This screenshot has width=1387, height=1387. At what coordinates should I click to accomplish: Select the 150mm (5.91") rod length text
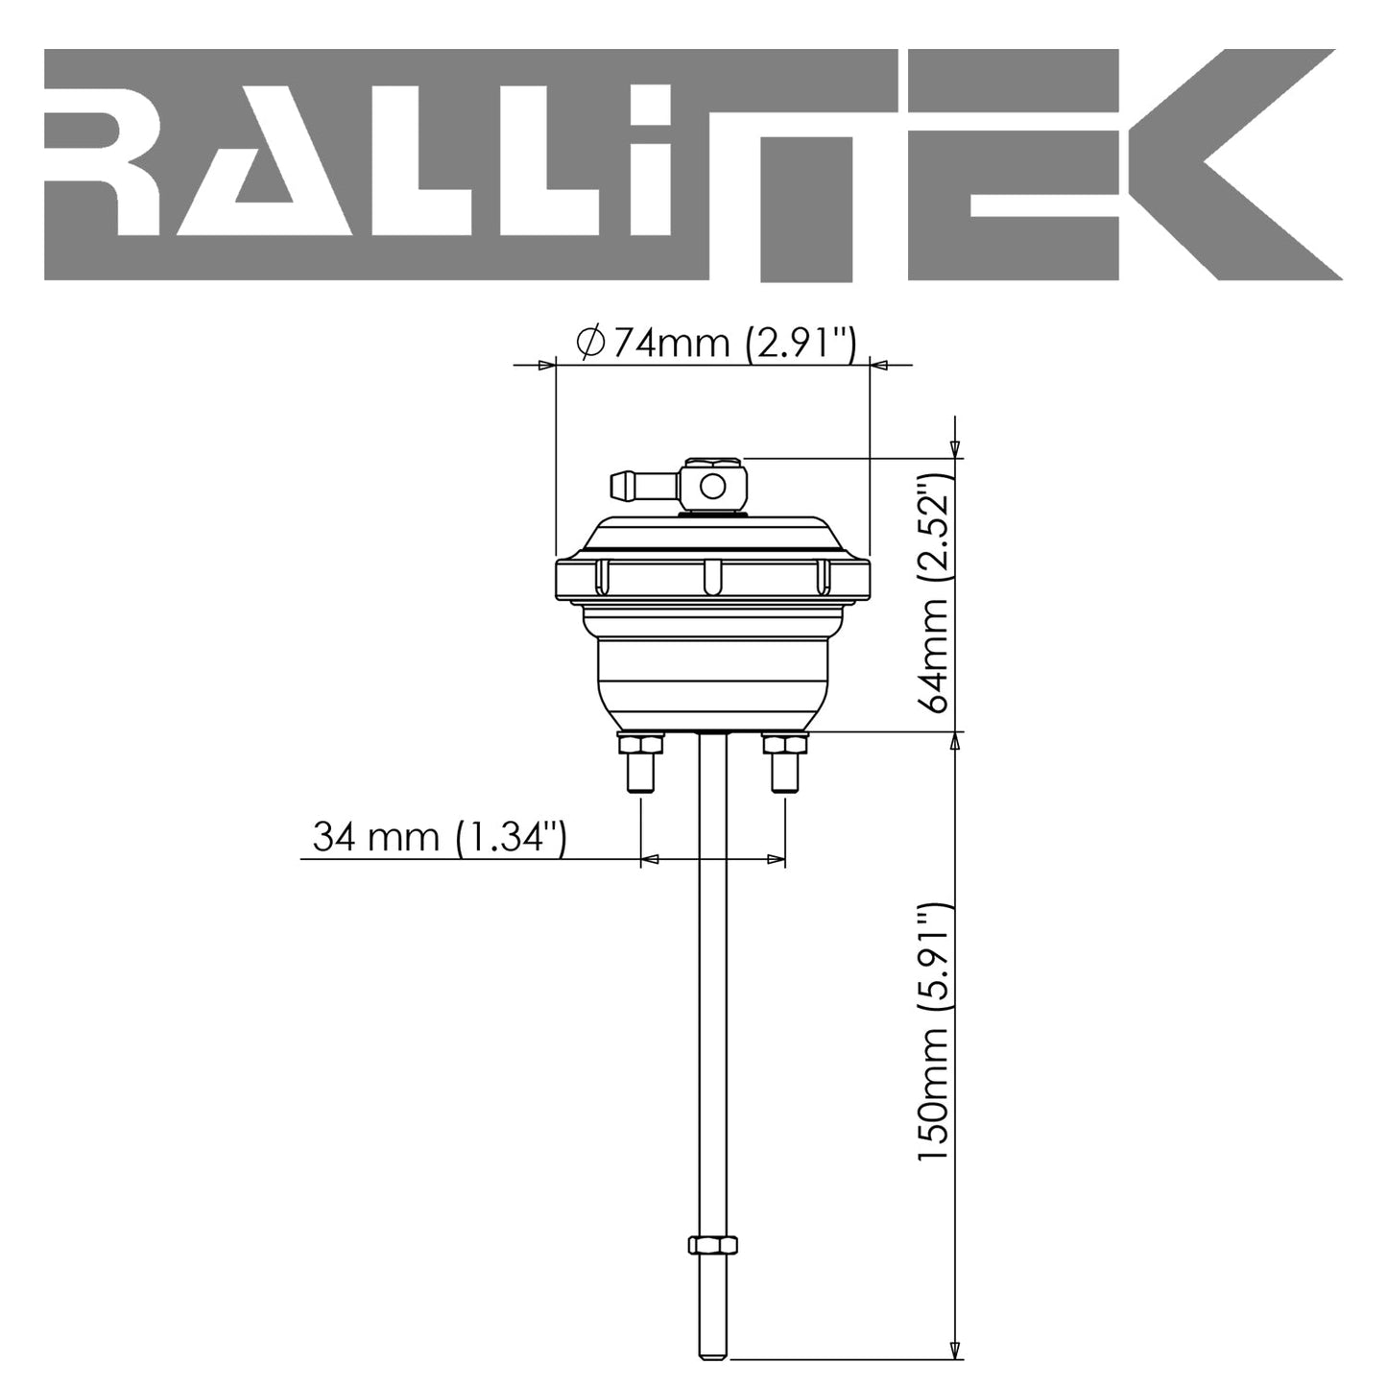pos(934,1032)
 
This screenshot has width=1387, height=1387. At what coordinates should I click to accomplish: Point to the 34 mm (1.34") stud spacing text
pos(440,837)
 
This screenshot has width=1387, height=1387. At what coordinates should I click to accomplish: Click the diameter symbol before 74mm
pos(588,342)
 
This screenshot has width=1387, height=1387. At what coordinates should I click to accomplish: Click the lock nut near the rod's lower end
pos(712,1245)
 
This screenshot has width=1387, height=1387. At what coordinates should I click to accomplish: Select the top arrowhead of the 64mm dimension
pos(954,449)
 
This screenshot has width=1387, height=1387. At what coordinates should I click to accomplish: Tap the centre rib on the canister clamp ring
pos(712,577)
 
